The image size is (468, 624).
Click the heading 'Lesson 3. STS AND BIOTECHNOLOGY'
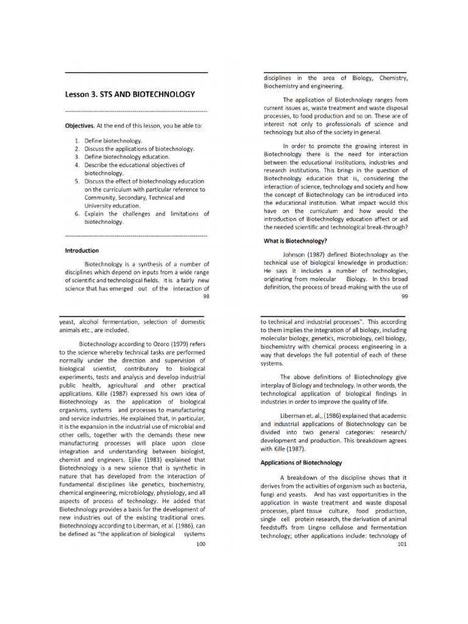click(x=130, y=94)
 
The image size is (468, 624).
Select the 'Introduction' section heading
click(x=82, y=250)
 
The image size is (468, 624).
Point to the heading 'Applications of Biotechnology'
click(x=301, y=463)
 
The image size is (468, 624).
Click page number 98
click(x=205, y=297)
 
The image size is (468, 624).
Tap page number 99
click(x=404, y=297)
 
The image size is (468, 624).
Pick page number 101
click(x=401, y=544)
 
